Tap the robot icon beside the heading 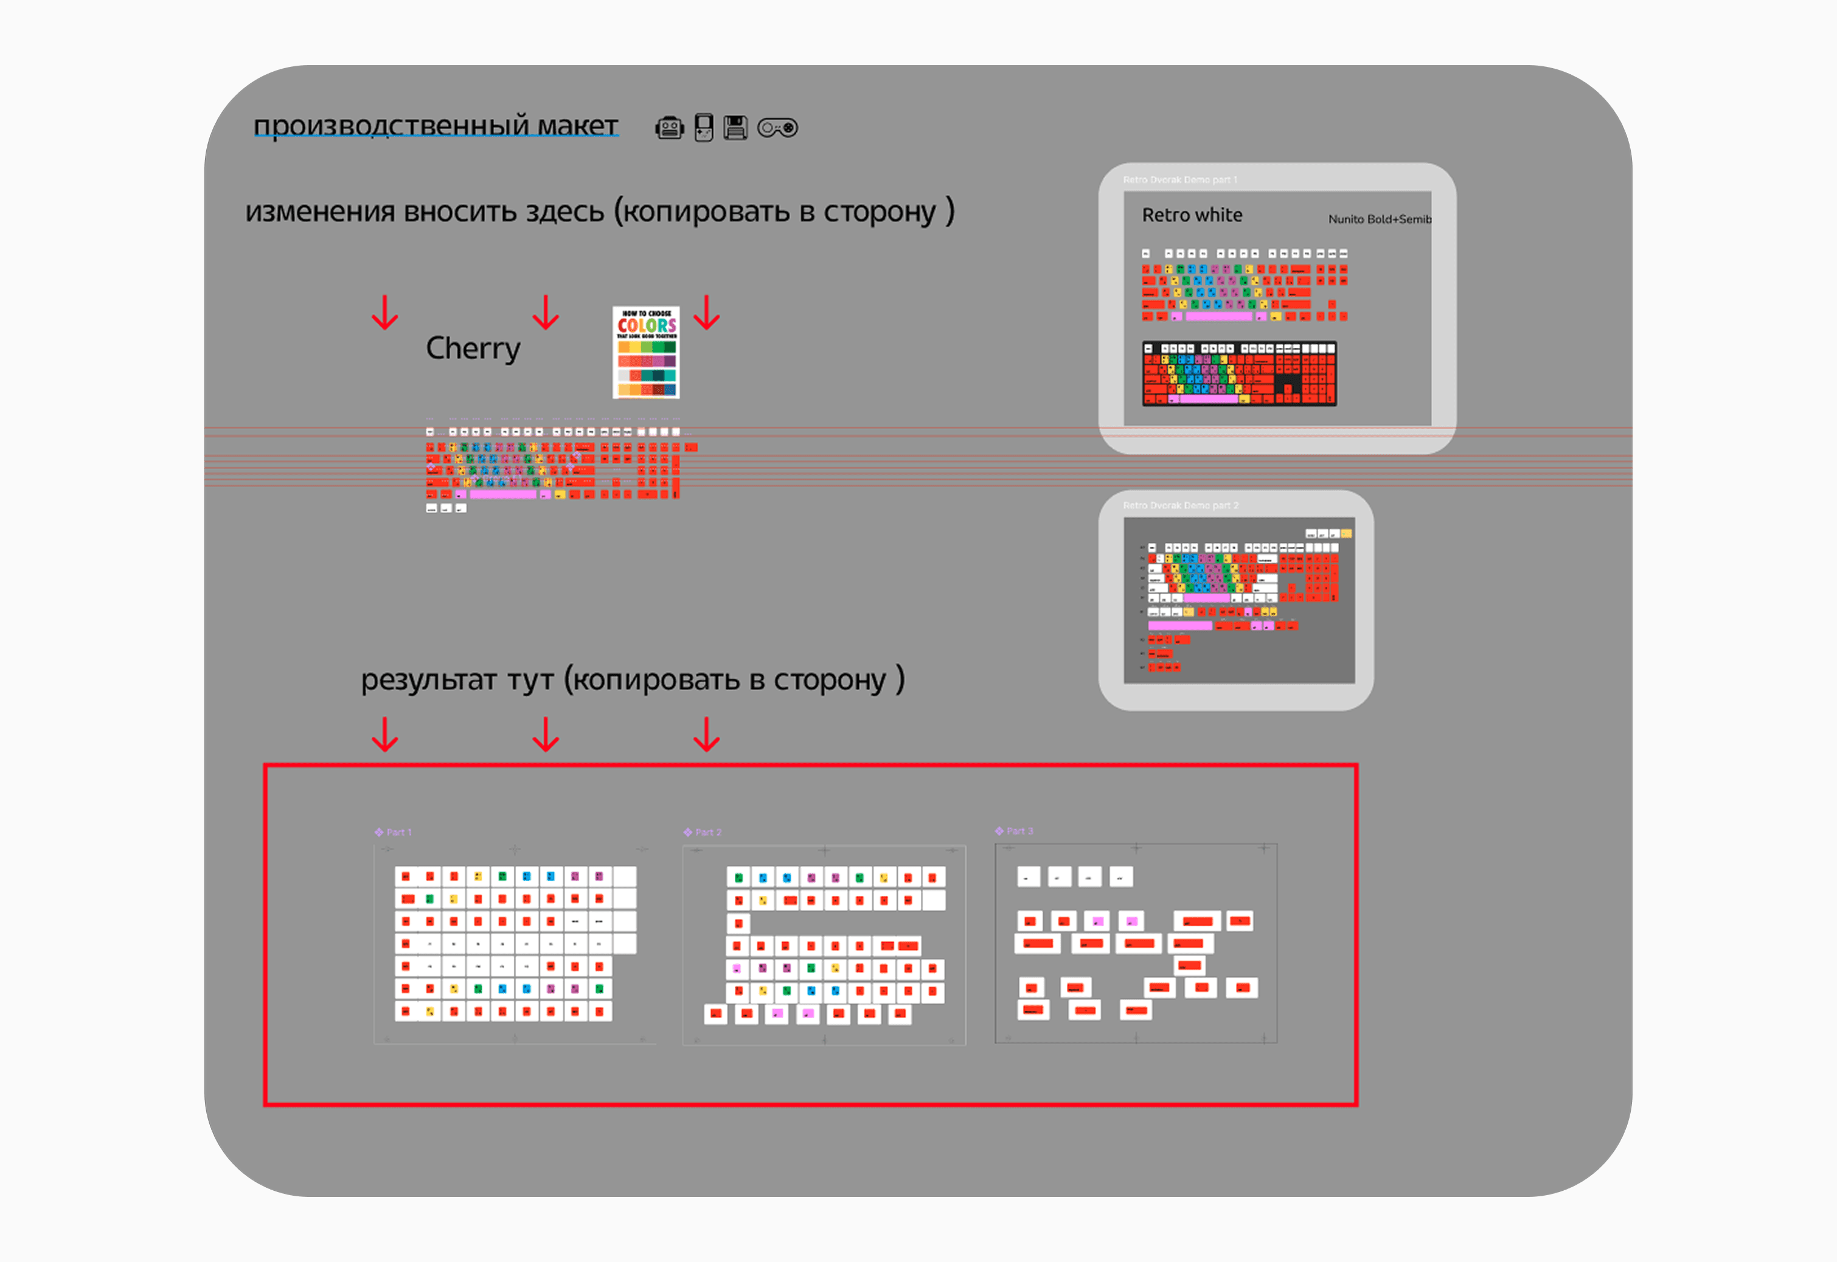pos(669,127)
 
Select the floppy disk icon pos(735,127)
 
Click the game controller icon pos(777,127)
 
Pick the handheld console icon pos(703,127)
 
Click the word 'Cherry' pos(473,348)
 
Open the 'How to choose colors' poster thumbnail pos(646,352)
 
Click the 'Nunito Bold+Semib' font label pos(1379,219)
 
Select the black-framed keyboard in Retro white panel pos(1238,373)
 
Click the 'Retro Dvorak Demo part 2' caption pos(1180,505)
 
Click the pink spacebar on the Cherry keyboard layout pos(503,494)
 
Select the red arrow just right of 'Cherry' pos(546,313)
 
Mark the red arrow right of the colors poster pos(706,313)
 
